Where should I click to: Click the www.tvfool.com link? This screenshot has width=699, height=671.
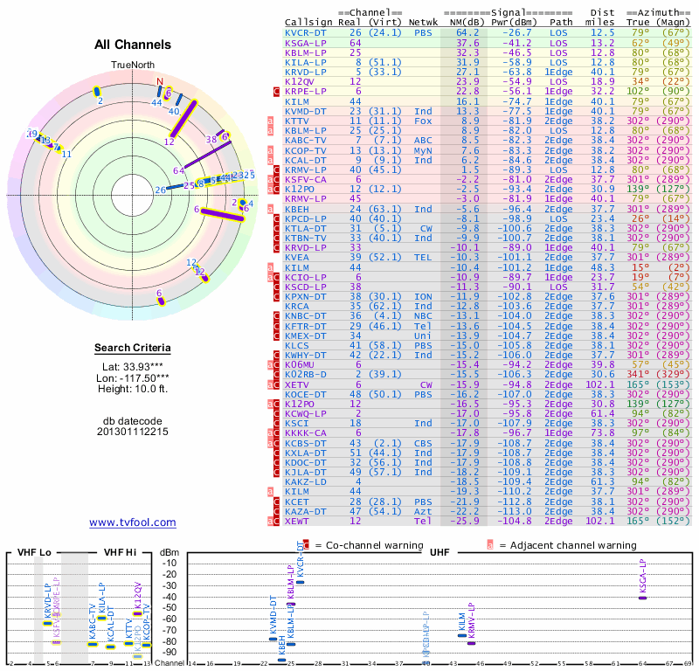pyautogui.click(x=132, y=522)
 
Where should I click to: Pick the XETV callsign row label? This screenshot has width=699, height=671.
pyautogui.click(x=296, y=384)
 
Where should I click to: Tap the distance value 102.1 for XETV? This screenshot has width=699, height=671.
pyautogui.click(x=600, y=384)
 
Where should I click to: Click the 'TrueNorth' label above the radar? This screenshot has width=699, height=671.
pyautogui.click(x=131, y=66)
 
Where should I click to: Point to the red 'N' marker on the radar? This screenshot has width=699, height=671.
pyautogui.click(x=159, y=82)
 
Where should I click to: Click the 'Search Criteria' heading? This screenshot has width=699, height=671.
pyautogui.click(x=132, y=349)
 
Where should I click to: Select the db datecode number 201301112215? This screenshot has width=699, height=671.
pyautogui.click(x=132, y=432)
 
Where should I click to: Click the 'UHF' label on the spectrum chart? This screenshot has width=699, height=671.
pyautogui.click(x=439, y=552)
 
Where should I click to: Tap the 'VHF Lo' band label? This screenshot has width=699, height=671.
pyautogui.click(x=33, y=552)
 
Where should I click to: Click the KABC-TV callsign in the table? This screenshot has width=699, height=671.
pyautogui.click(x=307, y=140)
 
